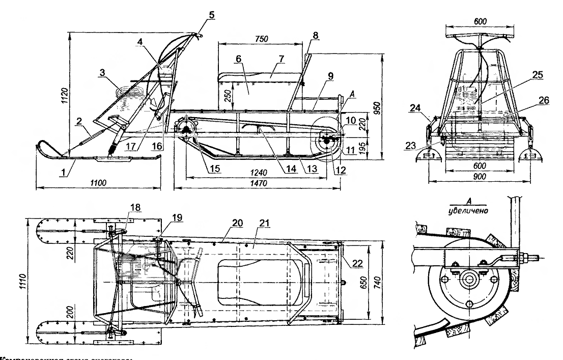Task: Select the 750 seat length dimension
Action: tap(262, 38)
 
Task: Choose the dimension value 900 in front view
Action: tap(479, 176)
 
